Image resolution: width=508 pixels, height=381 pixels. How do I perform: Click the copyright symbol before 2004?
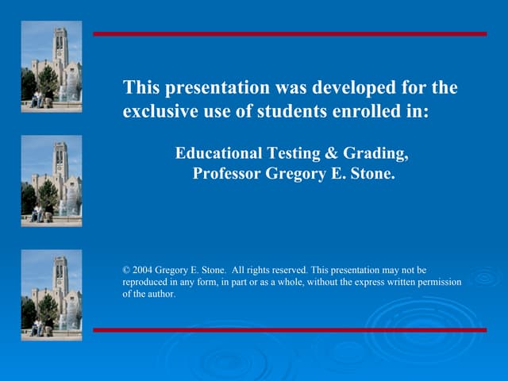(126, 271)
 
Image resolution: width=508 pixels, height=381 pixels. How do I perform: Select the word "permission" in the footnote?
(437, 283)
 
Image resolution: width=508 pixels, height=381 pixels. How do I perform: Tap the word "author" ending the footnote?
(160, 294)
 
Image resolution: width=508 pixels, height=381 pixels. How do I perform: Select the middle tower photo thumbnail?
(52, 180)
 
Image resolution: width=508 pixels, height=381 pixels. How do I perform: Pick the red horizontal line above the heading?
(290, 34)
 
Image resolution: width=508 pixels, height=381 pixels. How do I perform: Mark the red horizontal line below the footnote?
(290, 329)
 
